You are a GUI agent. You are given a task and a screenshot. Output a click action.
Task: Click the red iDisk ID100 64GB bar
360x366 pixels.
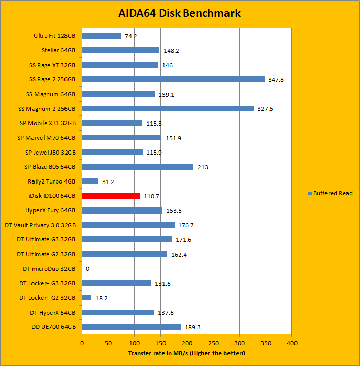click(x=111, y=196)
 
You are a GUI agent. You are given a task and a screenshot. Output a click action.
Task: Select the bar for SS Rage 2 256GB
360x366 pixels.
click(x=173, y=79)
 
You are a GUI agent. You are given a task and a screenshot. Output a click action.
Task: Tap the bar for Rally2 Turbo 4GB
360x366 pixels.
click(x=90, y=181)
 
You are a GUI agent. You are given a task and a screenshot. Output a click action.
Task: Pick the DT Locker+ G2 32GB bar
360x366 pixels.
click(x=86, y=298)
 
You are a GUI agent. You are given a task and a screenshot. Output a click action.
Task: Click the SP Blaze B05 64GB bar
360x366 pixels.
click(x=138, y=167)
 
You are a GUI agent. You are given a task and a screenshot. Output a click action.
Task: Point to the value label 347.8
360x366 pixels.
click(x=277, y=80)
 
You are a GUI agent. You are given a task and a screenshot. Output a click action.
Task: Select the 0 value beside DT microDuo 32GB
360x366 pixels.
click(x=88, y=269)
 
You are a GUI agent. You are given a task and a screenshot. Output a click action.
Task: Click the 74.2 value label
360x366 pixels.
click(x=131, y=36)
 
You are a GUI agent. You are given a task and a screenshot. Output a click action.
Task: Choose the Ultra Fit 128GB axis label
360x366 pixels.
click(x=54, y=36)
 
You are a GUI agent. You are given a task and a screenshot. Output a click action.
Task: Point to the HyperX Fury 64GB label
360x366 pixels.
click(x=50, y=210)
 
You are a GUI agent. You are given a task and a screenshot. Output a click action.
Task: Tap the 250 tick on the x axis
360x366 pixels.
click(x=213, y=343)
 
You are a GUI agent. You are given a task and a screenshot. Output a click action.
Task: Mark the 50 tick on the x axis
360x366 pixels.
click(x=108, y=343)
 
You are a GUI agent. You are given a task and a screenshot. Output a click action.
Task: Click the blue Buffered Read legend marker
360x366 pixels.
click(x=310, y=193)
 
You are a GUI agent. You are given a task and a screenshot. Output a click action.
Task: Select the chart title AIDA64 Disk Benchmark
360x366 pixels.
click(x=180, y=13)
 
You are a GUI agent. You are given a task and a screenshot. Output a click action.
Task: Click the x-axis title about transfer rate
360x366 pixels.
click(x=186, y=353)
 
